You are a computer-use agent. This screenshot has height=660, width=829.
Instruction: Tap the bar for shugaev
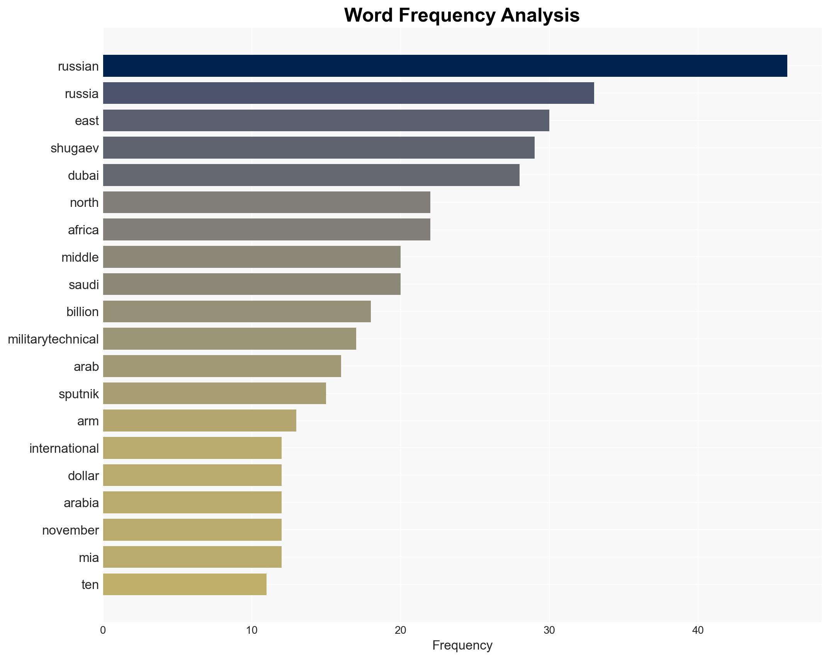point(319,148)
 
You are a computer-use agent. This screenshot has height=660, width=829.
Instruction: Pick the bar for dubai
point(311,175)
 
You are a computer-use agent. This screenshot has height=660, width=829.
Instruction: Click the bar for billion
point(237,311)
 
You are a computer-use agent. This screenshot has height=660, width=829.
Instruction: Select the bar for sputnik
point(214,394)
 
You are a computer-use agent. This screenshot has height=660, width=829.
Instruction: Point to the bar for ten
point(185,584)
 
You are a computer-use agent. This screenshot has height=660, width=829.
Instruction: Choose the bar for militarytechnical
point(229,339)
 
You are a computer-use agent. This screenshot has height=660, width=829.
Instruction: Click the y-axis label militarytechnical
point(53,339)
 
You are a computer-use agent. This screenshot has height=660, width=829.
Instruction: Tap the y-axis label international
point(64,448)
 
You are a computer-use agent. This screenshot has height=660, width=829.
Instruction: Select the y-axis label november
point(70,530)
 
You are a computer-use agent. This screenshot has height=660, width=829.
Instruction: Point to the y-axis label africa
point(83,230)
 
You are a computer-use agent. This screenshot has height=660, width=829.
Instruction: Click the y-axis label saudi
point(84,285)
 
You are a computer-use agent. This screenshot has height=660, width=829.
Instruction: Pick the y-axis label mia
point(89,558)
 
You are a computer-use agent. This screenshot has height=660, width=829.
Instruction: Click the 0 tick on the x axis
point(103,630)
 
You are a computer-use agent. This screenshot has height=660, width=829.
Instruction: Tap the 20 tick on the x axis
point(401,630)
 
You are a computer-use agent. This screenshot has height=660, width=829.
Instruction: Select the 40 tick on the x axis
point(698,630)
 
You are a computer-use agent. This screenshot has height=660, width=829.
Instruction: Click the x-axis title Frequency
point(462,645)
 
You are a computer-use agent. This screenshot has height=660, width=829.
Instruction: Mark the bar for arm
point(199,421)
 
